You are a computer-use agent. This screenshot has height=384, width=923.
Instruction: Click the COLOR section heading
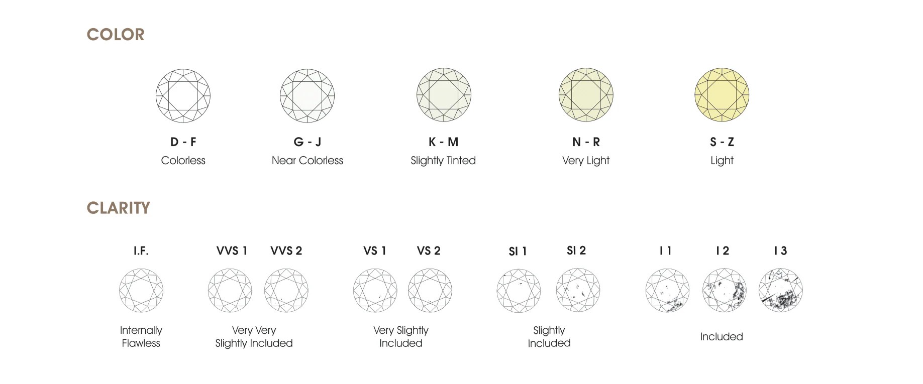coord(116,35)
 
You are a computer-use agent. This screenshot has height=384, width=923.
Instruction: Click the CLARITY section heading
coord(118,208)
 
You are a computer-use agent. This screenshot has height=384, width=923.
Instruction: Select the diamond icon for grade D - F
coord(183,96)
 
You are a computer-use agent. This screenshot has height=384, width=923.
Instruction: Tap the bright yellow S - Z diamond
coord(722,95)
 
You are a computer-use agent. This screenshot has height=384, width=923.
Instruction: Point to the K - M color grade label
coord(443,142)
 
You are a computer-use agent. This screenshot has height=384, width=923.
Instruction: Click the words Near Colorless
coord(307,161)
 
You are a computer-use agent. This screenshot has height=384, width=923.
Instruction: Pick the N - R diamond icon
coord(586,95)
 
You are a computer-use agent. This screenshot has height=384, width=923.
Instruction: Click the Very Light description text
coord(585,161)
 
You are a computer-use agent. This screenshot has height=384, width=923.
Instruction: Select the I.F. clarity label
coord(141,251)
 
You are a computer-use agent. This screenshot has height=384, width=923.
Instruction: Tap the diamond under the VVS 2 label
coord(286,290)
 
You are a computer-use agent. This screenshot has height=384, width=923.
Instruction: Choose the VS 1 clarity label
coord(375,251)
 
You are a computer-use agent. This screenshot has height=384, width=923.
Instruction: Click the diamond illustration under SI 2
coord(578,290)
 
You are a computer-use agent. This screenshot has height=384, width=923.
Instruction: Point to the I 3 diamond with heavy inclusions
coord(780,291)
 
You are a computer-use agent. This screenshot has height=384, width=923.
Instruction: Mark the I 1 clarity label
coord(666,251)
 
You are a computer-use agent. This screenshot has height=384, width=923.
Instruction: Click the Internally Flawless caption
coord(141,337)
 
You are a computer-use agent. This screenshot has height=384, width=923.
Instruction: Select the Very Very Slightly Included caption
coord(254,337)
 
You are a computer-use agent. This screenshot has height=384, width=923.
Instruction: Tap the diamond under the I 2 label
coord(724,290)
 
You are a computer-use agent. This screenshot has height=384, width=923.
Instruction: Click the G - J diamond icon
coord(307,96)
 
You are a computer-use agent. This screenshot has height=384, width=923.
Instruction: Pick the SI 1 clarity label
coord(518,251)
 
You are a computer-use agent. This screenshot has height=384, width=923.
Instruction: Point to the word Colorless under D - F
coord(183,161)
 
